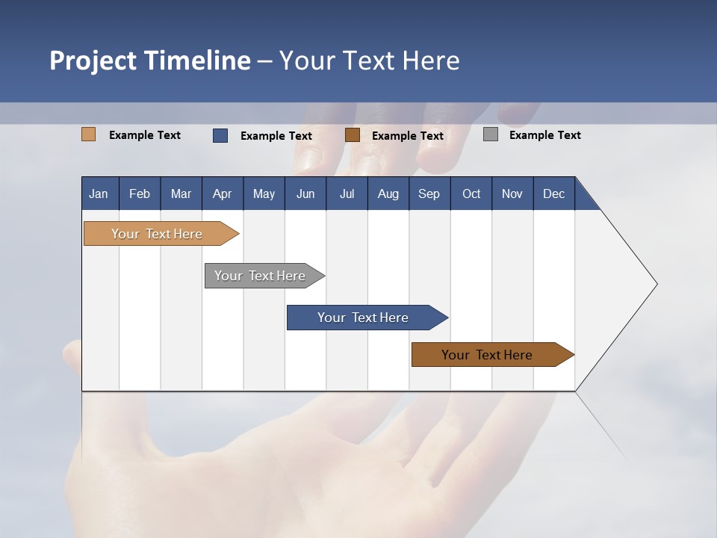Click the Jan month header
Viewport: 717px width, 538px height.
pyautogui.click(x=99, y=194)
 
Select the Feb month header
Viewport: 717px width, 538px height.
pyautogui.click(x=140, y=194)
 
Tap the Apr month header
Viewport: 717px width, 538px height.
pyautogui.click(x=222, y=194)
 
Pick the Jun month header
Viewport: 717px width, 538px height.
pyautogui.click(x=305, y=194)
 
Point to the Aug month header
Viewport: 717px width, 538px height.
pyautogui.click(x=388, y=194)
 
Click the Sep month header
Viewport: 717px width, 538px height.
pyautogui.click(x=429, y=194)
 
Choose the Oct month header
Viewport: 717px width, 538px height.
pyautogui.click(x=471, y=194)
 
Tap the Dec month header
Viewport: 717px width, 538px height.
pyautogui.click(x=553, y=194)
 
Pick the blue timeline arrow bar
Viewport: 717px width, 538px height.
pyautogui.click(x=364, y=318)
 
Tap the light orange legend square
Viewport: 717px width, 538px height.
pyautogui.click(x=89, y=134)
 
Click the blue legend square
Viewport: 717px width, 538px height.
pyautogui.click(x=220, y=135)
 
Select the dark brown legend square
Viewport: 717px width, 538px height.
pyautogui.click(x=353, y=134)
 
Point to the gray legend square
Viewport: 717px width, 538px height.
pyautogui.click(x=491, y=134)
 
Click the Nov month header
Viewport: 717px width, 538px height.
pyautogui.click(x=512, y=194)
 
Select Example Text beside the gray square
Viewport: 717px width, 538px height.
pyautogui.click(x=544, y=135)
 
